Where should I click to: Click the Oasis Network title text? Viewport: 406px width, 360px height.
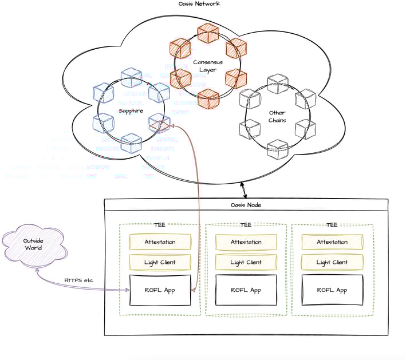coord(199,3)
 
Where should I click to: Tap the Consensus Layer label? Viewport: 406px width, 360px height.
coord(208,66)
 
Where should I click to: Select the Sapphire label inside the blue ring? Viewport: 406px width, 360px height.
coord(131,111)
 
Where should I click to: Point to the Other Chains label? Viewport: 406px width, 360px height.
coord(277,116)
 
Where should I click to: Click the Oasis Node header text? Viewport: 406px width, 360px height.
coord(246,205)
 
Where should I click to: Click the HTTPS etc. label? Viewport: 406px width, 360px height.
coord(79,280)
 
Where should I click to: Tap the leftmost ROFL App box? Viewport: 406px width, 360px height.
coord(160,290)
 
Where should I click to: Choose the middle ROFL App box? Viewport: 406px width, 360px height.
coord(246,290)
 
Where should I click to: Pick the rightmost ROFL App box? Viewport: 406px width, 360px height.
coord(332,290)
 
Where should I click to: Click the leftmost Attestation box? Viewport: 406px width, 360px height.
coord(160,242)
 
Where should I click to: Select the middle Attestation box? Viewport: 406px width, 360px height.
coord(246,242)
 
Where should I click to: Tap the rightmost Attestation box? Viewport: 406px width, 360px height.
coord(332,242)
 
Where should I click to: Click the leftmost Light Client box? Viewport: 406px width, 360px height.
coord(160,262)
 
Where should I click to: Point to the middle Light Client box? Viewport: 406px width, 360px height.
coord(246,262)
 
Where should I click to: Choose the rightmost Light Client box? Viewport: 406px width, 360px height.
coord(332,262)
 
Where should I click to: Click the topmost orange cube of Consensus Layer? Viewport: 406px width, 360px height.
coord(208,33)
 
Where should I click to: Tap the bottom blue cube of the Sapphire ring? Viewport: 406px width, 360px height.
coord(131,143)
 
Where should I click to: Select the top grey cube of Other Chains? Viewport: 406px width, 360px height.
coord(278,84)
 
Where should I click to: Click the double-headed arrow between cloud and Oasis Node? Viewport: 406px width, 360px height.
coord(243,191)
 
